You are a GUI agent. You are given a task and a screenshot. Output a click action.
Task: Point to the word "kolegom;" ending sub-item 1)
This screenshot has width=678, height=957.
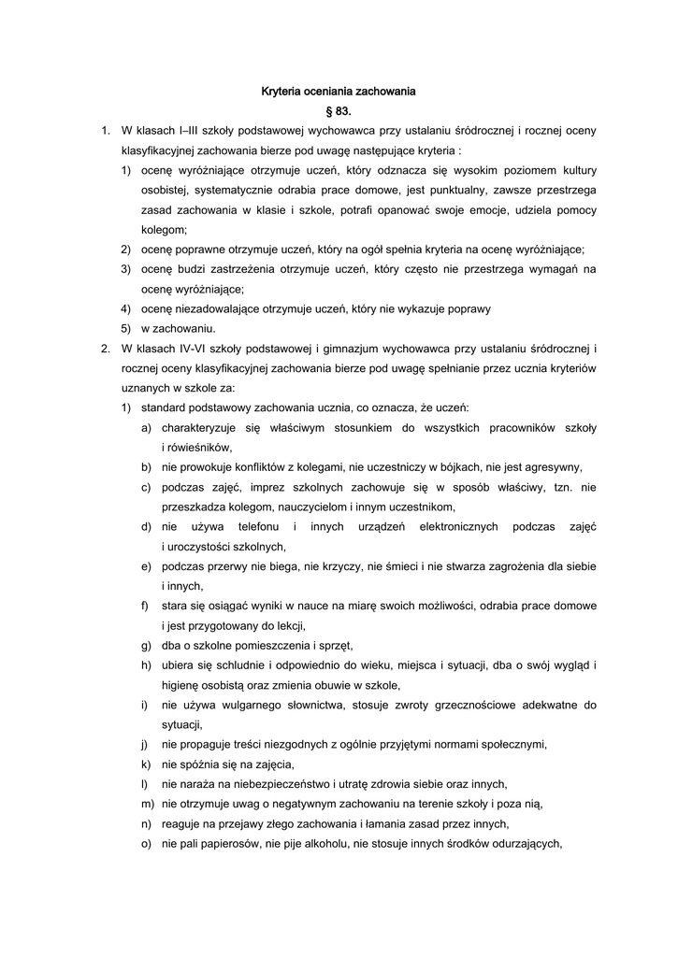tap(164, 229)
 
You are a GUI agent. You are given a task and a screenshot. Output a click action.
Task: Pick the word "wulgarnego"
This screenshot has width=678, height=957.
tap(250, 705)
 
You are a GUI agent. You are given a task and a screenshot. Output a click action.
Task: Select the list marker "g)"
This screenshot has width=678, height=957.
tap(147, 645)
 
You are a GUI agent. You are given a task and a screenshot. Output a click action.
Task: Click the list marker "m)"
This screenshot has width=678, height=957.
tap(147, 804)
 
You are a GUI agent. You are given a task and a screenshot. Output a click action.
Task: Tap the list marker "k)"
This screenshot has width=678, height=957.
tap(147, 764)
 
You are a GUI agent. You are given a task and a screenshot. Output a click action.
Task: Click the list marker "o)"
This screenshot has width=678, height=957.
tap(147, 844)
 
